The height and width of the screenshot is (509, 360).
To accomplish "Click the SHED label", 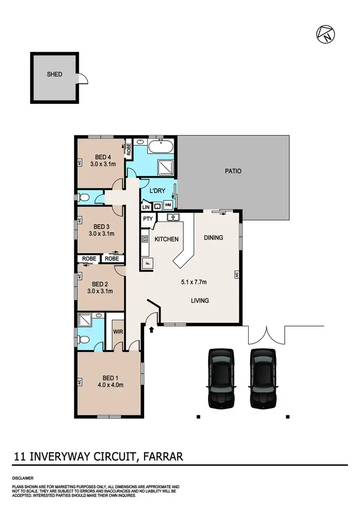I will pyautogui.click(x=54, y=74).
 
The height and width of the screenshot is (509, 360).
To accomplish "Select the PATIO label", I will pyautogui.click(x=233, y=170).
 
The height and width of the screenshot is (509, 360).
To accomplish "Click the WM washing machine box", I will pyautogui.click(x=168, y=205).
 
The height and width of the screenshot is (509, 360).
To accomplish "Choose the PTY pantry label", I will pyautogui.click(x=147, y=218).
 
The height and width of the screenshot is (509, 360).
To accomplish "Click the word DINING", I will pyautogui.click(x=214, y=238).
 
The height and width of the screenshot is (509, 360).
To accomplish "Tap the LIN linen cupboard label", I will pyautogui.click(x=146, y=206).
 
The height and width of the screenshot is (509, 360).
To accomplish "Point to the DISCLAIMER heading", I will pyautogui.click(x=23, y=479).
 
